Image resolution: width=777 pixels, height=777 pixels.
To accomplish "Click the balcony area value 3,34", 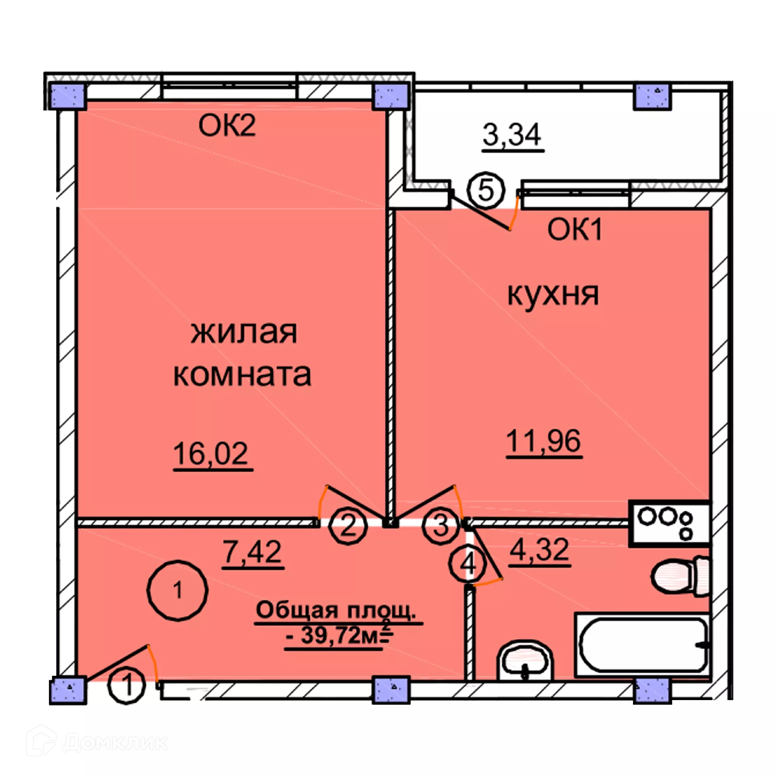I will pos(512,135).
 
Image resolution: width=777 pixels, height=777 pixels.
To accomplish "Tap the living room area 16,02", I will pos(210,454).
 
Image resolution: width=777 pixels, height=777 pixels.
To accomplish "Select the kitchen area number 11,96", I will pos(543,441).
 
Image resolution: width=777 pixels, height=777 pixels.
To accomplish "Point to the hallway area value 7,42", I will pos(253,551).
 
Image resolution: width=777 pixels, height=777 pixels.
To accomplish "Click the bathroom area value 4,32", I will pos(539,550).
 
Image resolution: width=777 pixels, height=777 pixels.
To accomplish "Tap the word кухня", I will pos(553,295).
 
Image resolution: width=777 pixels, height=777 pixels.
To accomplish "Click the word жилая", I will pos(244,333).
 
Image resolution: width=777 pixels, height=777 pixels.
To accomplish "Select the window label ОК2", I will pos(227,125).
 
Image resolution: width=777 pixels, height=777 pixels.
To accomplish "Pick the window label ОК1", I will pos(575,229).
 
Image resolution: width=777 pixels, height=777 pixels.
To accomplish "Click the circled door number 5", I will pos(486,190).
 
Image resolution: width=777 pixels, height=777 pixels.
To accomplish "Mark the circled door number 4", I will pos(468,564).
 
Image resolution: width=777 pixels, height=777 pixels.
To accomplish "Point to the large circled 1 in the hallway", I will pos(177,590).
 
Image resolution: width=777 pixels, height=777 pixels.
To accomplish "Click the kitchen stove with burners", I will pos(669,524).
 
